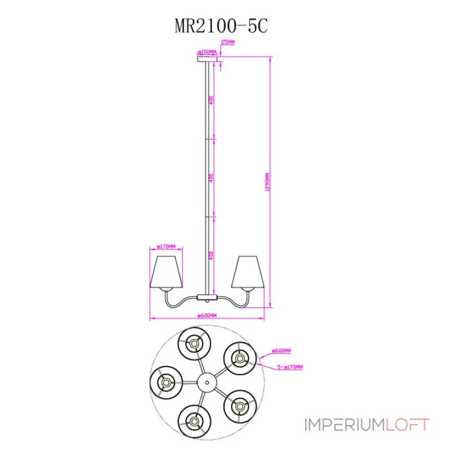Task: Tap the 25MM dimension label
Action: tap(227, 42)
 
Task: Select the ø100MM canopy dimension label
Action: tap(207, 51)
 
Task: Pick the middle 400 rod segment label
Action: tap(211, 177)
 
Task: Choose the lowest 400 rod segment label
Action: tap(211, 255)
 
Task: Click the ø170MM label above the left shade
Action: tap(166, 246)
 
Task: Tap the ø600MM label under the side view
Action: tap(207, 316)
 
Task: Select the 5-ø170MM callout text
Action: tap(290, 367)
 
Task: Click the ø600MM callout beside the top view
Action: tap(281, 351)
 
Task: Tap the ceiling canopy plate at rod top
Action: tap(207, 58)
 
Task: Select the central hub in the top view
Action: tap(207, 383)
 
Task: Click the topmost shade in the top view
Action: tap(194, 343)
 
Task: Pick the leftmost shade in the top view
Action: tap(166, 382)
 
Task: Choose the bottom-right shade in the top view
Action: tap(240, 405)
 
